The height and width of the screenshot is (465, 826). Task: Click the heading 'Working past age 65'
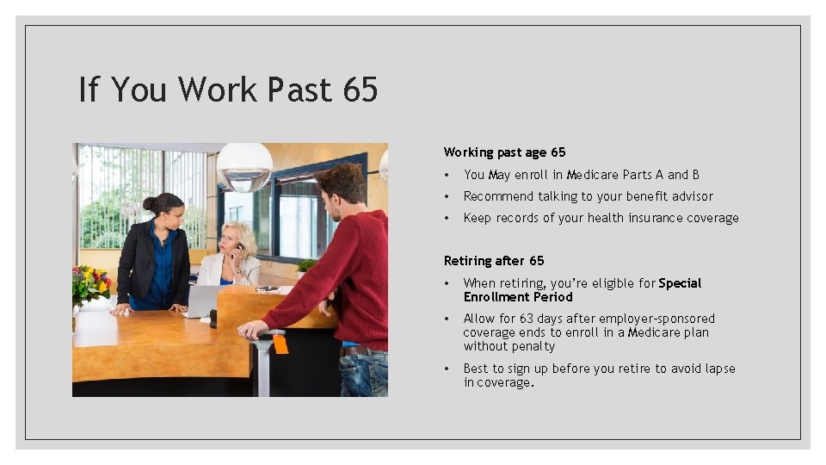[x=504, y=152]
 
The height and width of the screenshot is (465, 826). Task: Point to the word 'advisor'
[x=691, y=196]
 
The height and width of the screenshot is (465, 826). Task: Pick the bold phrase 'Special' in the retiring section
[x=680, y=283]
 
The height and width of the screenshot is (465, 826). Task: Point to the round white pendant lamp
[x=243, y=166]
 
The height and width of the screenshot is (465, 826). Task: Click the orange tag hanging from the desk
[x=280, y=344]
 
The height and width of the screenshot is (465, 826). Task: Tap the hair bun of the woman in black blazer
[x=150, y=205]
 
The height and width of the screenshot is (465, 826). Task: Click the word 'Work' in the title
[x=219, y=89]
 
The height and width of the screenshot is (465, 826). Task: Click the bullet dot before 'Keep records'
[x=447, y=218]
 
